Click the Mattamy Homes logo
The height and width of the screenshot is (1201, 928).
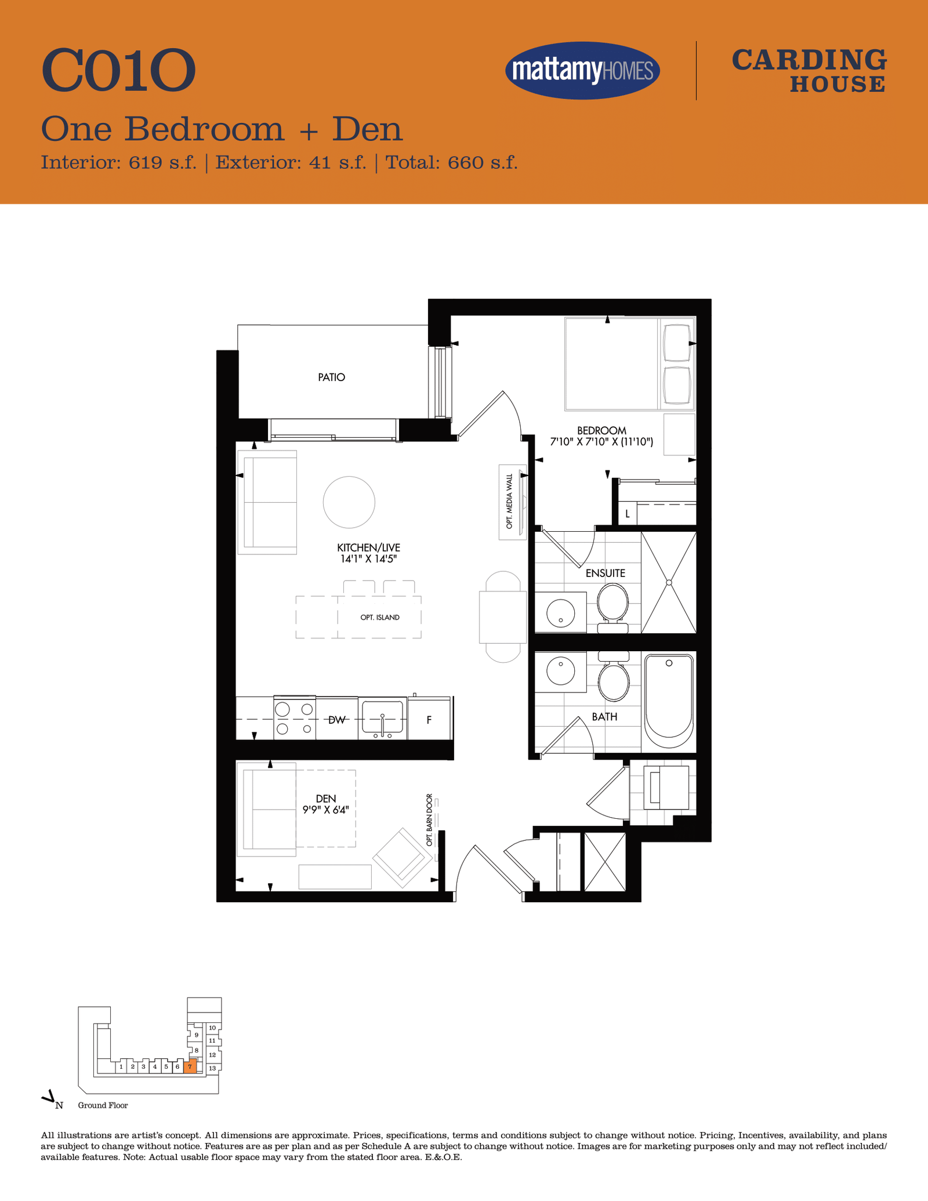pos(582,70)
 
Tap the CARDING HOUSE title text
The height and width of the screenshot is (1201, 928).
pos(809,71)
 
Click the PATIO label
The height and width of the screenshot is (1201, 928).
pos(331,378)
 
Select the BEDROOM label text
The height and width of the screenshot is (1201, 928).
pos(601,431)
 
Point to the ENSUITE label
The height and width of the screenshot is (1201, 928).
pos(606,573)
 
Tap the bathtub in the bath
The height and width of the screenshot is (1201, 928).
pos(669,701)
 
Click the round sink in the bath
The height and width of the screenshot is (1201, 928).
pos(560,671)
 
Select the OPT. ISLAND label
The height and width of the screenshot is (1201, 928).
pos(380,618)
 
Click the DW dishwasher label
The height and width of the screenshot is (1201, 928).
pos(337,720)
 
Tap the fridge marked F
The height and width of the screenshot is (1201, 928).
pos(429,719)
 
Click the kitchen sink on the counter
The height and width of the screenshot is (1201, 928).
pos(382,719)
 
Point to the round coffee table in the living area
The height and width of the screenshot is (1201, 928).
pos(349,502)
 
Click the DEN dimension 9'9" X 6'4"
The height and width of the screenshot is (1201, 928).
pos(326,810)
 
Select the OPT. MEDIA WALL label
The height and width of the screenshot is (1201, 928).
pos(510,502)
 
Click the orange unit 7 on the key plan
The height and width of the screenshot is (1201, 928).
pos(190,1066)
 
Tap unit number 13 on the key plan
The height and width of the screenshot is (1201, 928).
pos(212,1068)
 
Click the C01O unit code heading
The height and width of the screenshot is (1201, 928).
pos(118,71)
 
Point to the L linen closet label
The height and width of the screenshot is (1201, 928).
pos(628,514)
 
